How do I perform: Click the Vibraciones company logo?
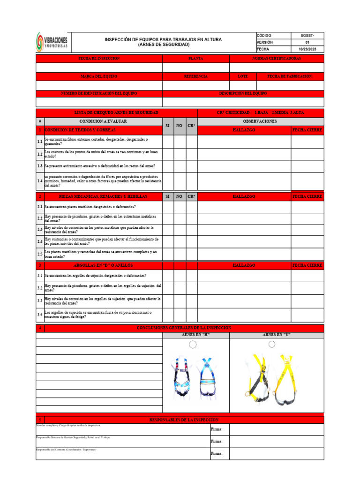52,42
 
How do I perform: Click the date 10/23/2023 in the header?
307,49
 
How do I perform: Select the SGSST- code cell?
307,36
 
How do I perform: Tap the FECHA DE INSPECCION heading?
99,59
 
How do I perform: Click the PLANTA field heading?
195,59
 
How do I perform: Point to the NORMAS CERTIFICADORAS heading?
276,59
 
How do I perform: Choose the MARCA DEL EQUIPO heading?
99,76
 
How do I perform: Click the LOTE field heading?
243,76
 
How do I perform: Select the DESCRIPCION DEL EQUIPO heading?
243,93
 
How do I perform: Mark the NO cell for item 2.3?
180,230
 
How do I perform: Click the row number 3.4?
40,315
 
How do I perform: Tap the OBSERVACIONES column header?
260,121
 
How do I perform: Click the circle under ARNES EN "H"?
193,345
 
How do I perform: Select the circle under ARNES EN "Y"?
272,345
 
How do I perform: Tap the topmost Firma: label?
217,429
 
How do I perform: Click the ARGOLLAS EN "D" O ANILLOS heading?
99,265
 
